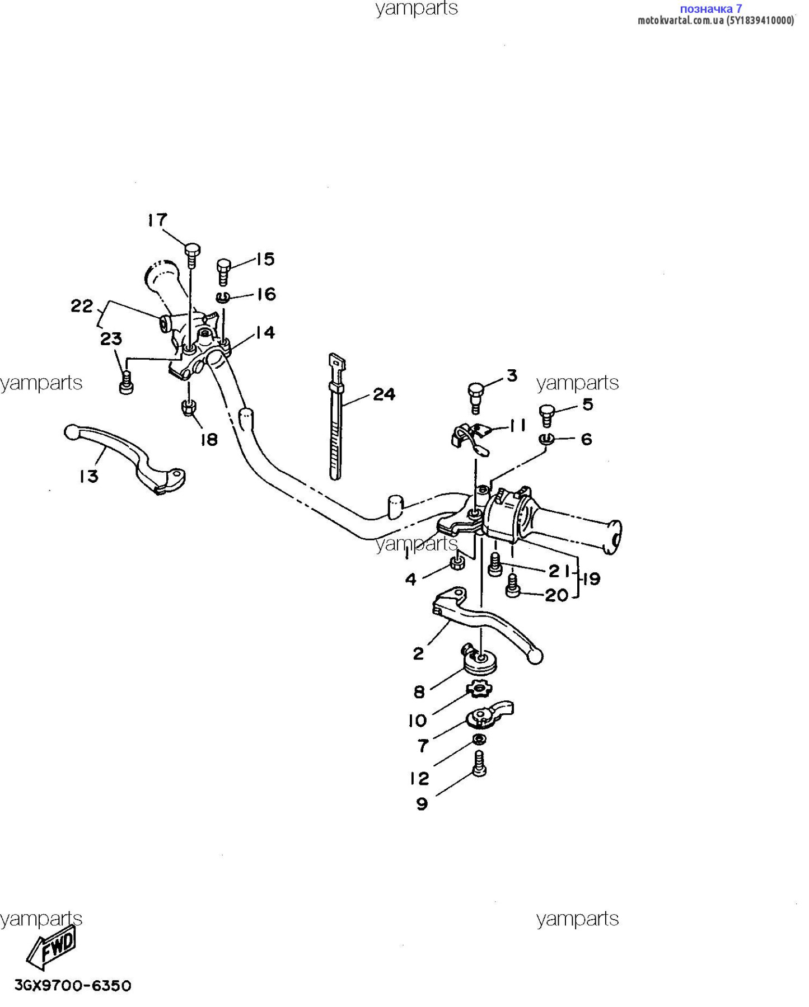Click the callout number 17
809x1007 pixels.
pyautogui.click(x=157, y=220)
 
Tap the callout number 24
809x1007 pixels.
pyautogui.click(x=384, y=394)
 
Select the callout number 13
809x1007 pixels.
pyautogui.click(x=88, y=477)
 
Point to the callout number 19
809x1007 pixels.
pyautogui.click(x=591, y=578)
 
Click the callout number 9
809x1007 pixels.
pyautogui.click(x=422, y=804)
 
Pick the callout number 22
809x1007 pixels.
pyautogui.click(x=82, y=306)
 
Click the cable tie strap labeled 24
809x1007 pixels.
pyautogui.click(x=336, y=417)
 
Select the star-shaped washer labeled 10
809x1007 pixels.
pyautogui.click(x=479, y=688)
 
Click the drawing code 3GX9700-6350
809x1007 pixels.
pyautogui.click(x=73, y=986)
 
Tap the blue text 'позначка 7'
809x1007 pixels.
pyautogui.click(x=710, y=8)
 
